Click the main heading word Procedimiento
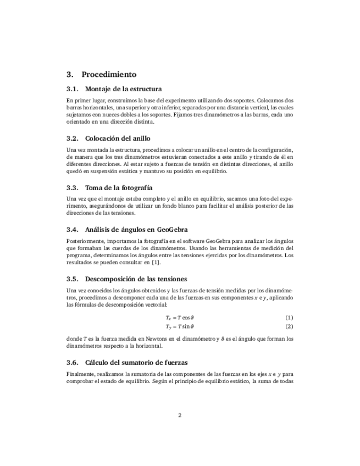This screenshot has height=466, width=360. tap(109, 74)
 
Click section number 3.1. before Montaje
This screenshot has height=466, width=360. tap(73, 89)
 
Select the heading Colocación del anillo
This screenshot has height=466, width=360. tap(118, 138)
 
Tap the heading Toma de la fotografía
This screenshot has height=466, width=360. tap(119, 187)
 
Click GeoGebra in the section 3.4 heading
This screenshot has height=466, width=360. tap(172, 229)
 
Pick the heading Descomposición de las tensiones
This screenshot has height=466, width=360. tap(136, 278)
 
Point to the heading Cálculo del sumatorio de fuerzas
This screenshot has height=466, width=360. tap(136, 362)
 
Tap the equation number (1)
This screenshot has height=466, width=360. tap(289, 318)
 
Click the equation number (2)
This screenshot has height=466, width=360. tap(289, 326)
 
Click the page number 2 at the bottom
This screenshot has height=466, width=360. tap(180, 414)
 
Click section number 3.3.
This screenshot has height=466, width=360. tap(73, 187)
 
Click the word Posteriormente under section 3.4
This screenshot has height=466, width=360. tap(84, 241)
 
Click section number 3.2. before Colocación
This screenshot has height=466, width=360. tap(73, 138)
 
